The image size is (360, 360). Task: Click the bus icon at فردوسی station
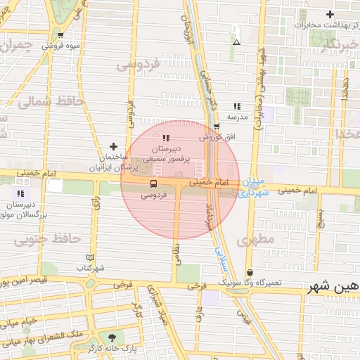154,184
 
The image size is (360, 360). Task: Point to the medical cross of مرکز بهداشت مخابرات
330,14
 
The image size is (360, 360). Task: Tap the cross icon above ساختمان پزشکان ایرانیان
113,146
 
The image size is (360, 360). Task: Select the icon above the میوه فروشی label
61,35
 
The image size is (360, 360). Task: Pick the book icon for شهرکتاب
89,257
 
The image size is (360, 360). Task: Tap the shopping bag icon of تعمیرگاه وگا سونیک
250,272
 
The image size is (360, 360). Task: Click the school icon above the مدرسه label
237,105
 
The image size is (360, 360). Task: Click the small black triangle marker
236,42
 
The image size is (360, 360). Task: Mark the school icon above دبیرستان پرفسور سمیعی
167,138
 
